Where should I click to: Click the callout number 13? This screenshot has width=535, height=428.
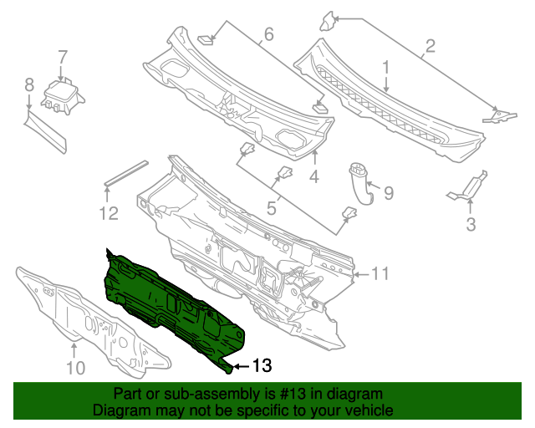(x=262, y=366)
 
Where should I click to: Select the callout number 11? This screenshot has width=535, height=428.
(x=380, y=273)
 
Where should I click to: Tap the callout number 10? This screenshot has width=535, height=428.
(x=75, y=368)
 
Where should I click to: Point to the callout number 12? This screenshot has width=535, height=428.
(x=110, y=214)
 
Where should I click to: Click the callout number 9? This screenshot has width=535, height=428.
(x=273, y=206)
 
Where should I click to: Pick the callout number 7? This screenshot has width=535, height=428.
(x=62, y=57)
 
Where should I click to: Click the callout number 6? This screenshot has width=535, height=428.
(x=28, y=84)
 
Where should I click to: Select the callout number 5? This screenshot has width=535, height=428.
(x=388, y=194)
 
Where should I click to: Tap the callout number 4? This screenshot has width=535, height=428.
(x=314, y=176)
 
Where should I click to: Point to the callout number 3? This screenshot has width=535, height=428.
(x=471, y=223)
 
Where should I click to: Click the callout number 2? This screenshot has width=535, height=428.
(x=430, y=46)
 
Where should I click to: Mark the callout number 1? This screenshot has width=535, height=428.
(x=386, y=65)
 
